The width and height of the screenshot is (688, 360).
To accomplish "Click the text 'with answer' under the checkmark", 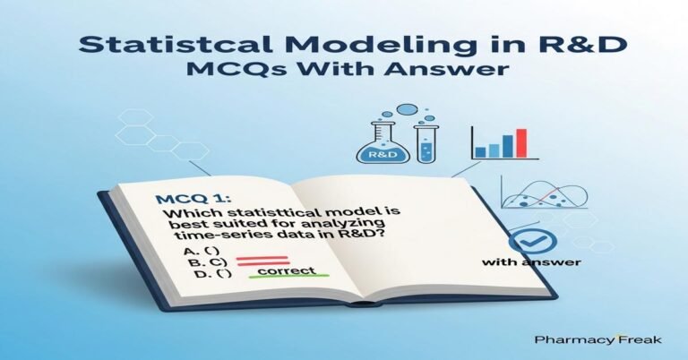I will (531, 263).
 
